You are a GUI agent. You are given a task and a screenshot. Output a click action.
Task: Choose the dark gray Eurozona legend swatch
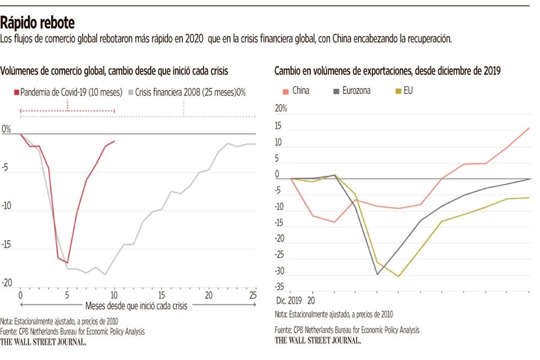[x=336, y=91]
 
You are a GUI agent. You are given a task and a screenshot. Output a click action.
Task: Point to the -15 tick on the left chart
[x=7, y=245]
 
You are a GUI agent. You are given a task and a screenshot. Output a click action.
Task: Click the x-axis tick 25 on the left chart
[x=253, y=295]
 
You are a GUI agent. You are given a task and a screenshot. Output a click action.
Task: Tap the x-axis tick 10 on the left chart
[x=114, y=295]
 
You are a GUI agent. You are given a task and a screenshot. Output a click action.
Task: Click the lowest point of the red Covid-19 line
[x=67, y=263]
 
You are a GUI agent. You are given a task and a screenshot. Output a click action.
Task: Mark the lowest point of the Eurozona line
[x=377, y=274]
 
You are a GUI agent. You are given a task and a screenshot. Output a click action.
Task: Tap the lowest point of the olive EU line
[x=398, y=276]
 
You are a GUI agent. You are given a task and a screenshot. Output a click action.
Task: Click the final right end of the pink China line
[x=529, y=128]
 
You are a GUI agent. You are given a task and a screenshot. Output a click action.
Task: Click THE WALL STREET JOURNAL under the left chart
[x=43, y=341]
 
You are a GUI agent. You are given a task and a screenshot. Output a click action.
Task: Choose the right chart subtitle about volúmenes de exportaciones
[x=388, y=71]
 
